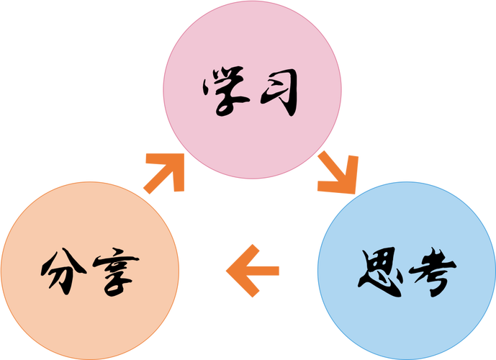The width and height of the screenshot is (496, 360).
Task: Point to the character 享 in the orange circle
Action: click(x=113, y=273)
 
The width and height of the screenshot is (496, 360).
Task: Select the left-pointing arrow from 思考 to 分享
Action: click(x=252, y=271)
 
